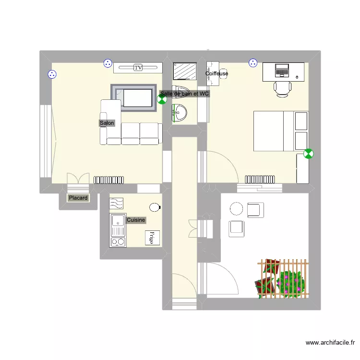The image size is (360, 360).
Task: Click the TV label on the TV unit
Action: [138, 68]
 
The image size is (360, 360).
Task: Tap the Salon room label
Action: [107, 123]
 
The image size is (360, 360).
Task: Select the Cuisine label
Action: [136, 220]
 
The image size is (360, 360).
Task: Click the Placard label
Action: [78, 198]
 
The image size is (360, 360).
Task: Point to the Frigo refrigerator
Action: [152, 238]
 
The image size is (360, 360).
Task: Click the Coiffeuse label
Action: [217, 73]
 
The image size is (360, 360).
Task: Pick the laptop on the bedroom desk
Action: [281, 70]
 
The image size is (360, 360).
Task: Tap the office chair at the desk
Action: [282, 90]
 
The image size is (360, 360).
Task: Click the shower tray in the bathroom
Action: [185, 71]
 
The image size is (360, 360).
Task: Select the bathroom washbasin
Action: [180, 113]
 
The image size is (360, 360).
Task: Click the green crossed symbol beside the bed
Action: [308, 154]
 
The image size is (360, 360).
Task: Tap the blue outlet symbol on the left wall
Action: [52, 74]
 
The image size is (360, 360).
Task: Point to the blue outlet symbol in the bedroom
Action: [253, 63]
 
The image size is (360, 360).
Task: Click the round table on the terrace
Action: [236, 209]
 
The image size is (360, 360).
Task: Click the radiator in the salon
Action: [108, 180]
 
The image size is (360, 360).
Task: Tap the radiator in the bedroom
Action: [260, 180]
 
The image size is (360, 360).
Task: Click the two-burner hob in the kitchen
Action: [118, 242]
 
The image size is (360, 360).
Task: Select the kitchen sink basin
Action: [118, 220]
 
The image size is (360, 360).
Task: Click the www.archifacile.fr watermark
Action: [330, 343]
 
